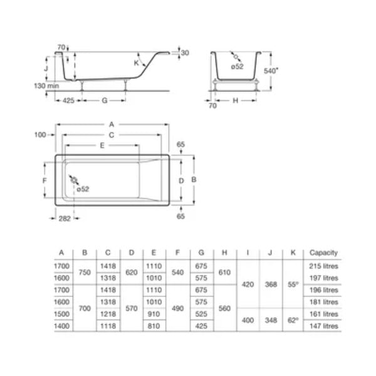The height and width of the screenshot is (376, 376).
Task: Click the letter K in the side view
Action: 136,63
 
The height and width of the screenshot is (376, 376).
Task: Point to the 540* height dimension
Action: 270,71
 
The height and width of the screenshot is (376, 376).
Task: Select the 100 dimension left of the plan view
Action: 41,135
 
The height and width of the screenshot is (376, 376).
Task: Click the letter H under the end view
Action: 234,100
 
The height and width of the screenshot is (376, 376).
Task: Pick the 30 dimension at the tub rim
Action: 185,53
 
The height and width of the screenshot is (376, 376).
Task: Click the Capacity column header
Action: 323,253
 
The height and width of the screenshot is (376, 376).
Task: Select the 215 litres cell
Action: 323,266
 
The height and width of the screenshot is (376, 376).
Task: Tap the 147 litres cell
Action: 323,326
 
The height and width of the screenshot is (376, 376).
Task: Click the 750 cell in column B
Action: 85,272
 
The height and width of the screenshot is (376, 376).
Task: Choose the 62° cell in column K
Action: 293,320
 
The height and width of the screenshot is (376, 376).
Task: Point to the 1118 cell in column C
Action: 108,326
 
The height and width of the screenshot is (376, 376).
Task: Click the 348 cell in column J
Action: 270,320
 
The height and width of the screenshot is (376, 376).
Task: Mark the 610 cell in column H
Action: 224,272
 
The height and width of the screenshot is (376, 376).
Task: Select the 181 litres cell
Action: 323,302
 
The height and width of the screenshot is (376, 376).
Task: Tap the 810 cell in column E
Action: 154,326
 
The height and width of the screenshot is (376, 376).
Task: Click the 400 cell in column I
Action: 248,320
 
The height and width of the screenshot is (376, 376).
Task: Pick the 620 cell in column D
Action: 131,272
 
